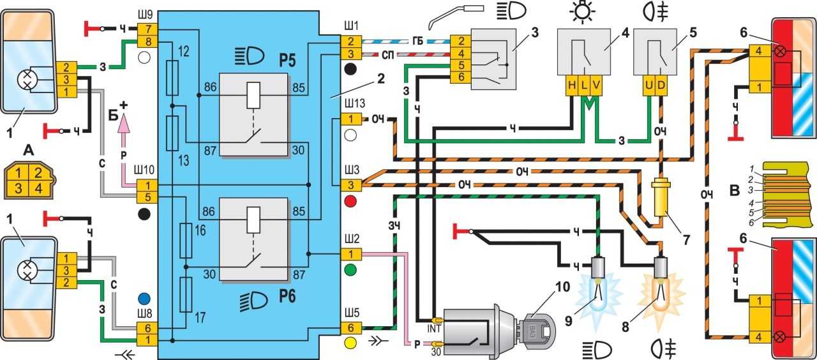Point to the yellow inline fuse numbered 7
(659, 202)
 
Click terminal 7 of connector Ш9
(147, 29)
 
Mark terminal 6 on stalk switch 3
(460, 77)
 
